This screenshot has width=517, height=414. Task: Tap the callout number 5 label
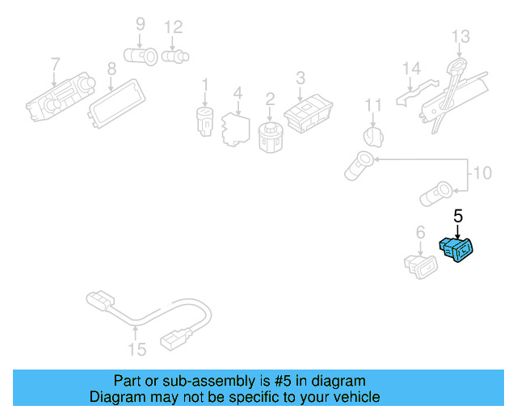[x=458, y=216]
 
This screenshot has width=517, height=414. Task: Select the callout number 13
[x=460, y=37]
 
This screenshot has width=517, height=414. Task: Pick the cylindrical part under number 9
[x=142, y=55]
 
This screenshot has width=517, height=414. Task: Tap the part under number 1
[x=204, y=119]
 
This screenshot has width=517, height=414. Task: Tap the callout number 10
[x=481, y=173]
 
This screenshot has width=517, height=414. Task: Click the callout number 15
[x=137, y=349]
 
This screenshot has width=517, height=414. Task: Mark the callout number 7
[x=55, y=64]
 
